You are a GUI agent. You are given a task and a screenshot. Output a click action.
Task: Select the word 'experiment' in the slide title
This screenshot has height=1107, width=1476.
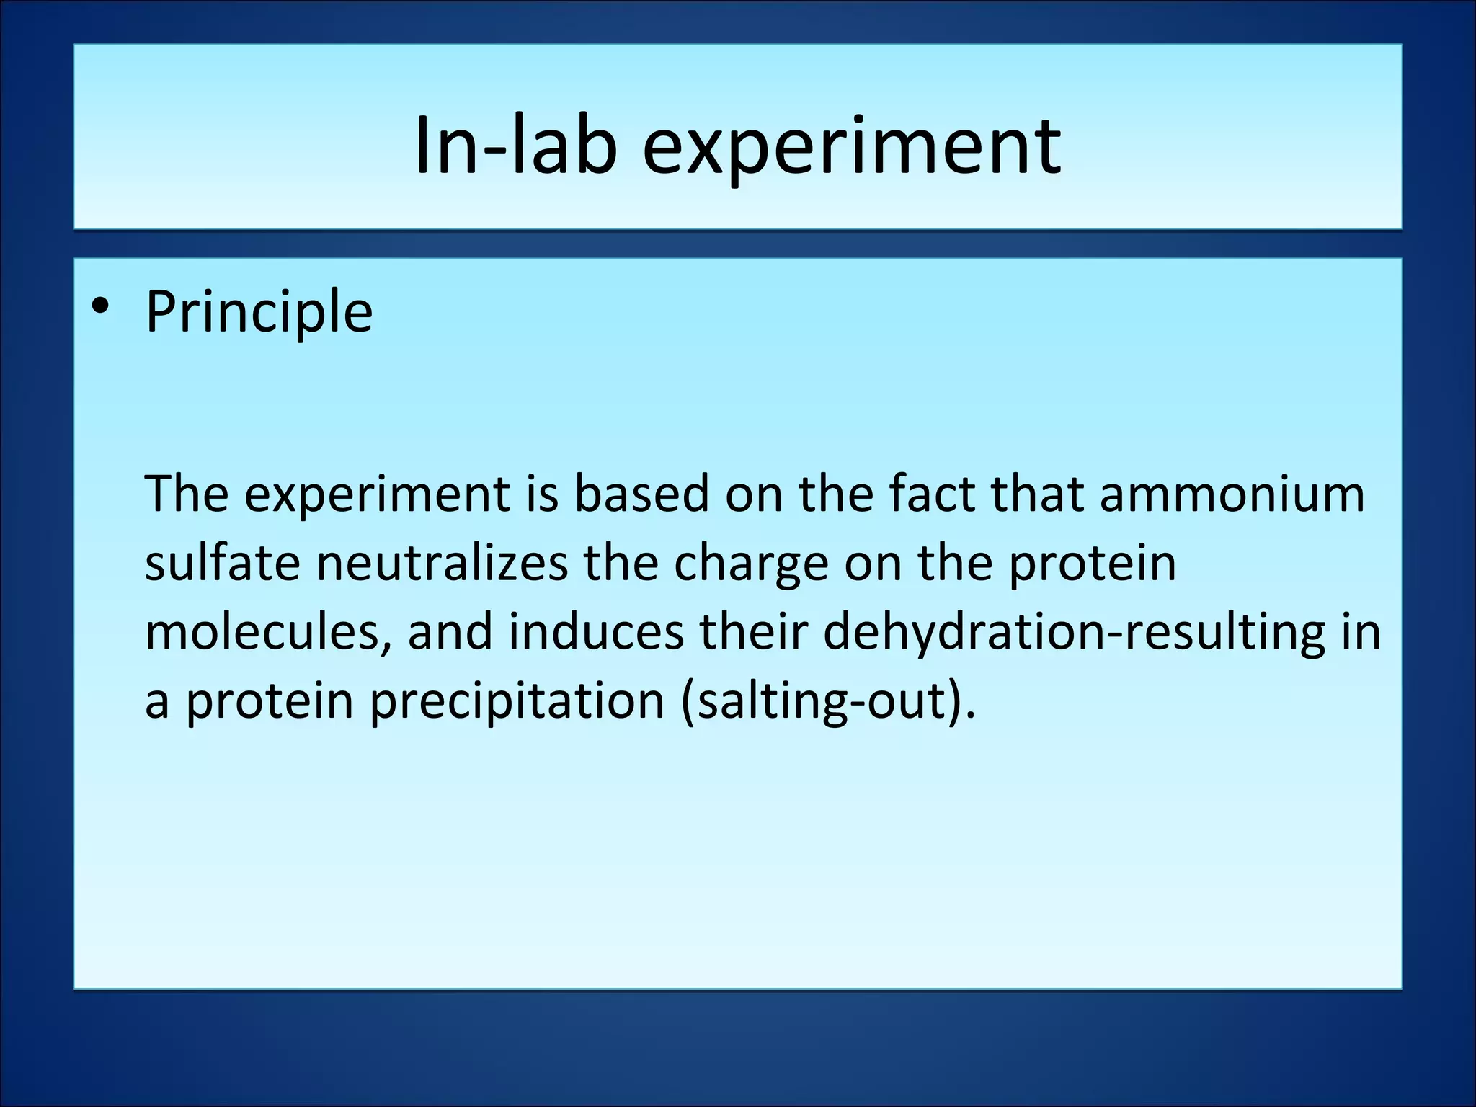click(851, 147)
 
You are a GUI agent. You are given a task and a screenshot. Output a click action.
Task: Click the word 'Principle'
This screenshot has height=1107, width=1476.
click(259, 312)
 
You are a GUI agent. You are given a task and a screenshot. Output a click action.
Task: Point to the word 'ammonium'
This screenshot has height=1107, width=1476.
click(1232, 494)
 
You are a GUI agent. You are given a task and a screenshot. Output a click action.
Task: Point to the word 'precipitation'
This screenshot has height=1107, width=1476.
click(517, 701)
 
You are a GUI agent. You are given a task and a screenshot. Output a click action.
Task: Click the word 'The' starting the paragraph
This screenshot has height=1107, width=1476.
click(187, 494)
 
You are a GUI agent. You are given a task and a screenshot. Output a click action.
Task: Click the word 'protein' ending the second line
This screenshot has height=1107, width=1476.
click(1092, 564)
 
